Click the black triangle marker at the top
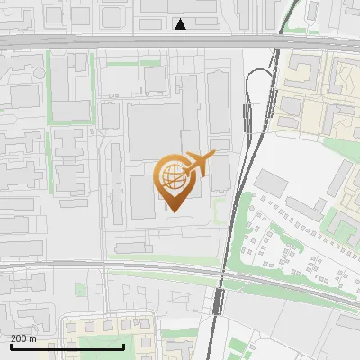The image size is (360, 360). pos(181,24)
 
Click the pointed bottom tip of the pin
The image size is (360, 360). pos(174,211)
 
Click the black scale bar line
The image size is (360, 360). pos(67,346)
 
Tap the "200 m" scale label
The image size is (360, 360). pos(24,338)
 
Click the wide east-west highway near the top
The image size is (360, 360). pos(135,42)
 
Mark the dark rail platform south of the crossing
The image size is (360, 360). pos(219,301)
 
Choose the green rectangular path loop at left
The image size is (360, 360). pos(68,90)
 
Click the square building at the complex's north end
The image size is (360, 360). pos(155,79)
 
